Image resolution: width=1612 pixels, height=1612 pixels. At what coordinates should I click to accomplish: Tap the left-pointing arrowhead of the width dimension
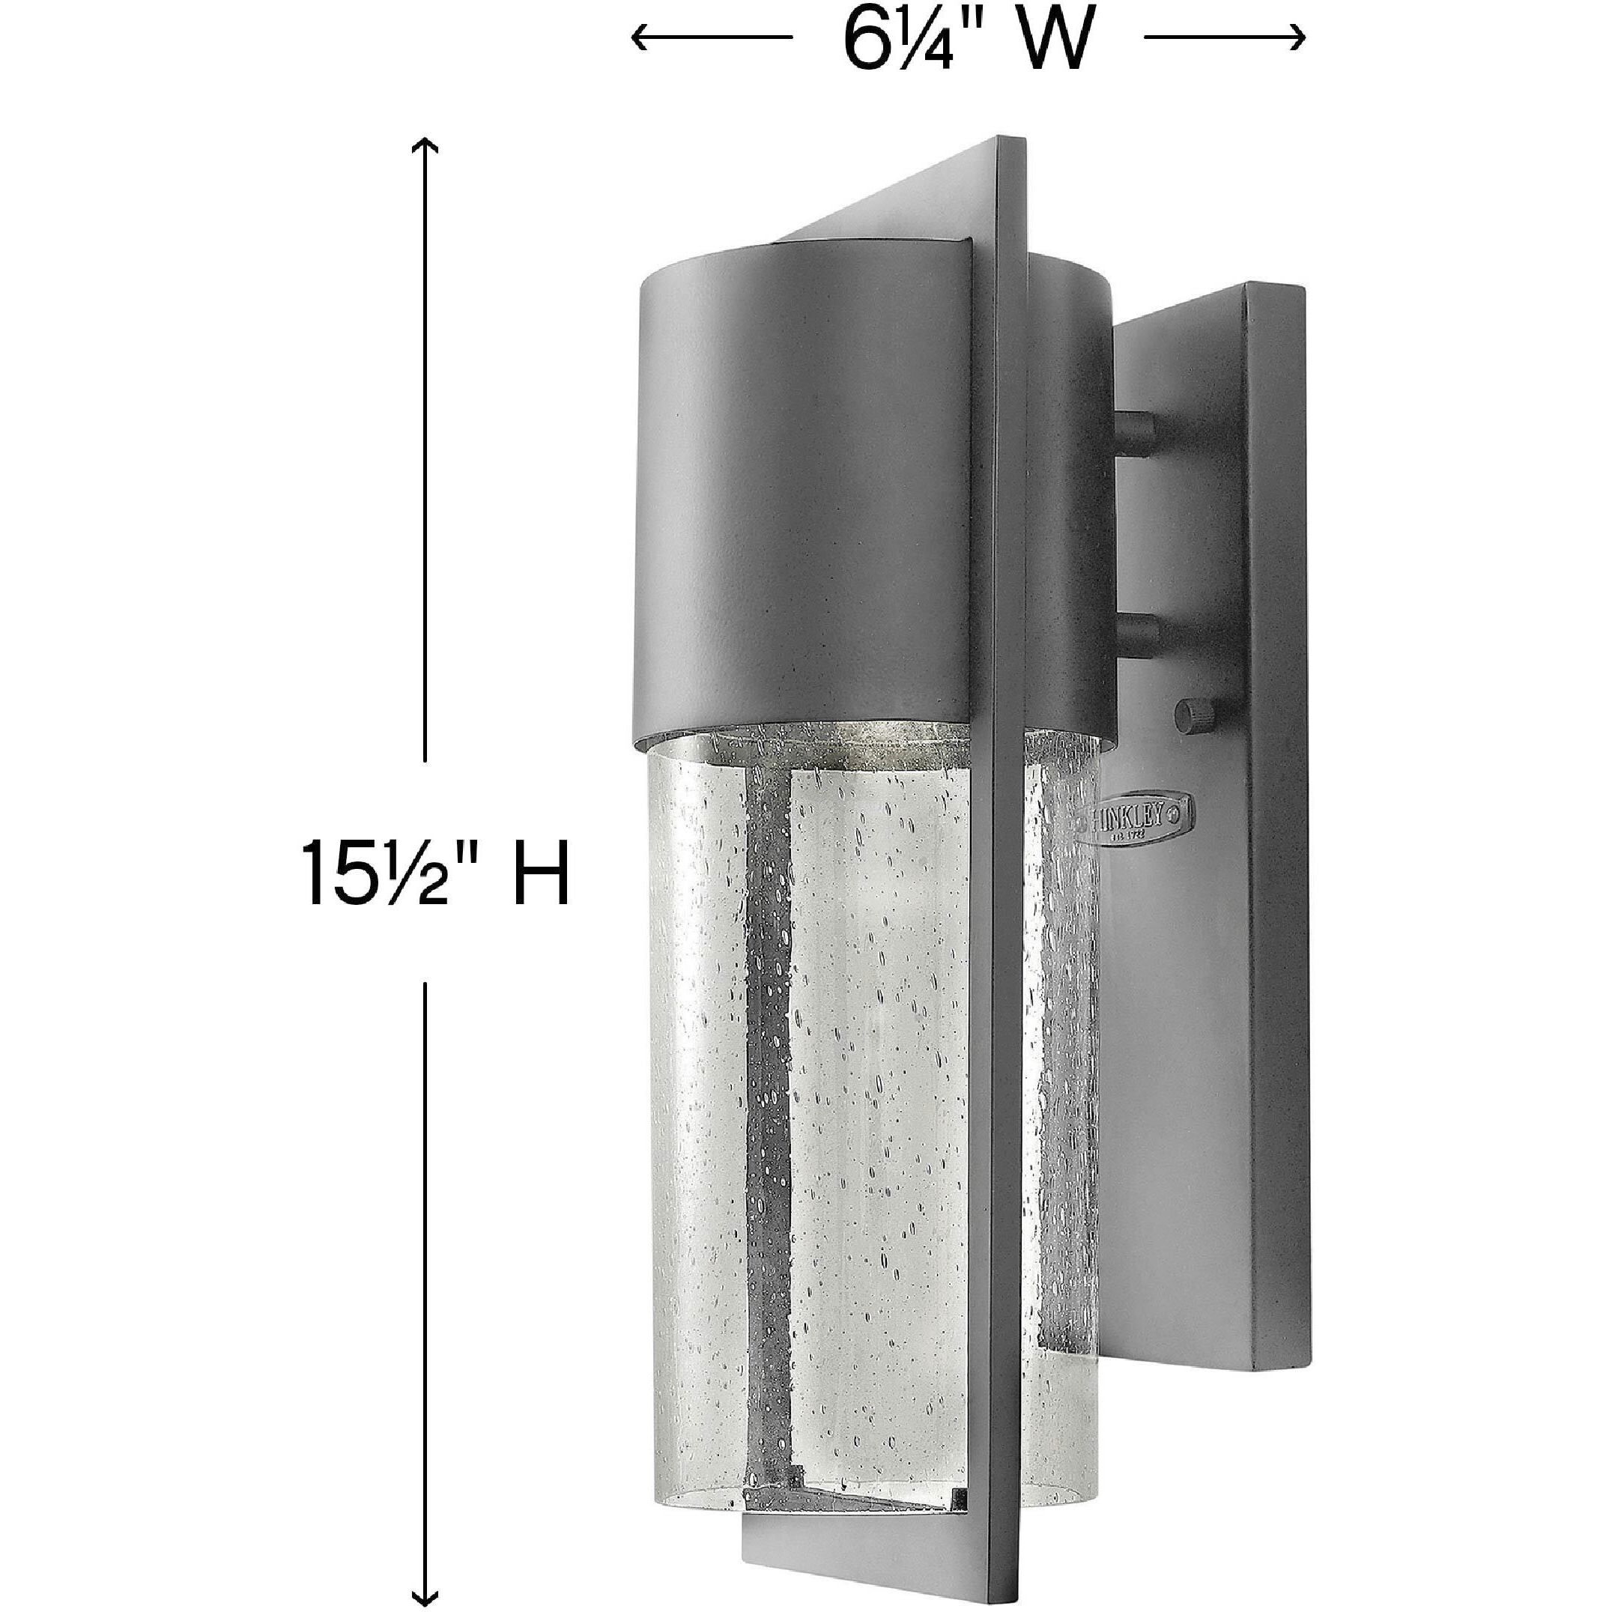click(638, 37)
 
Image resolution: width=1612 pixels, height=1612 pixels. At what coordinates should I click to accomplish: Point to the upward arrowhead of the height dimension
click(426, 147)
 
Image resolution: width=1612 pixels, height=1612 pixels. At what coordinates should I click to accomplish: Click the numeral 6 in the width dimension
click(864, 40)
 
